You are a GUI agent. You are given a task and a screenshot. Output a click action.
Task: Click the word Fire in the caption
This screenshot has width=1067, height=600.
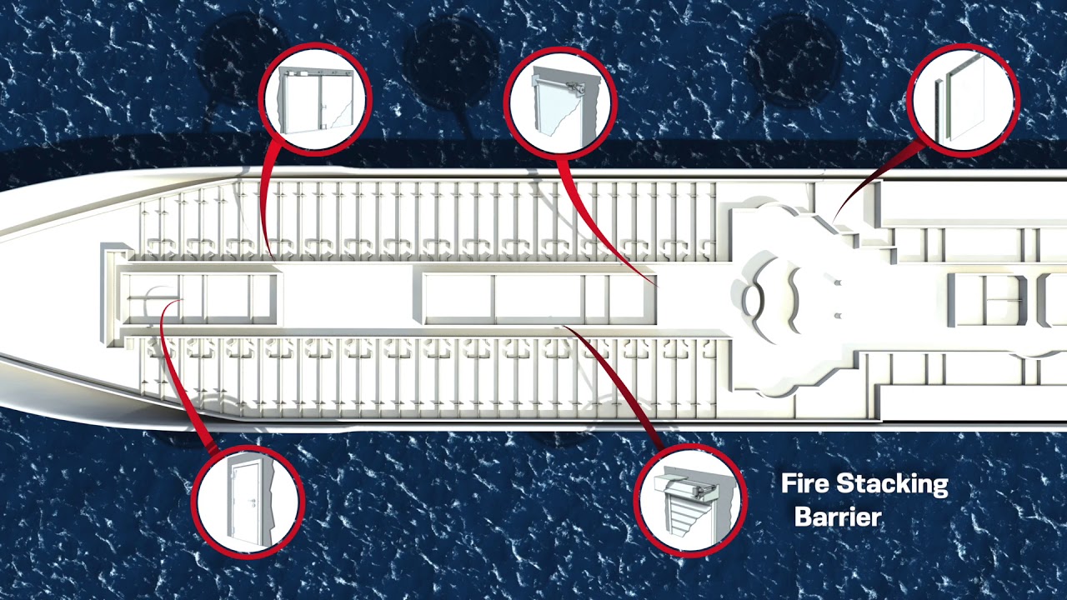pyautogui.click(x=804, y=483)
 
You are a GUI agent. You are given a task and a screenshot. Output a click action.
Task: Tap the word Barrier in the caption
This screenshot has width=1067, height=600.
pyautogui.click(x=837, y=517)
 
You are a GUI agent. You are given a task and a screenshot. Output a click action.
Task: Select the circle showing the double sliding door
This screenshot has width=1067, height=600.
pyautogui.click(x=314, y=99)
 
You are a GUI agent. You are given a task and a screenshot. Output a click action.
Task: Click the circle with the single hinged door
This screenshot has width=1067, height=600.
pyautogui.click(x=248, y=501)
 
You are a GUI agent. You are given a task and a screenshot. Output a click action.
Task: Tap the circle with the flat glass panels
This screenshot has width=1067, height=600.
pyautogui.click(x=963, y=98)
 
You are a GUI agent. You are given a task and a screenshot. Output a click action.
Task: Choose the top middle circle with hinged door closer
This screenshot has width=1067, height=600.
pyautogui.click(x=560, y=99)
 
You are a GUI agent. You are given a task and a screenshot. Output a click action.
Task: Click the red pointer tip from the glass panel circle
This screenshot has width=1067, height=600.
pyautogui.click(x=834, y=220)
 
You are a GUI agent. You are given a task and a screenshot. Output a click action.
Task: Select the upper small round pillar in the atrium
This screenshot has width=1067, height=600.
pyautogui.click(x=838, y=283)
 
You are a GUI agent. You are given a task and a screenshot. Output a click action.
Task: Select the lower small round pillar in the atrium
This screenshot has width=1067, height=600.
pyautogui.click(x=838, y=315)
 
